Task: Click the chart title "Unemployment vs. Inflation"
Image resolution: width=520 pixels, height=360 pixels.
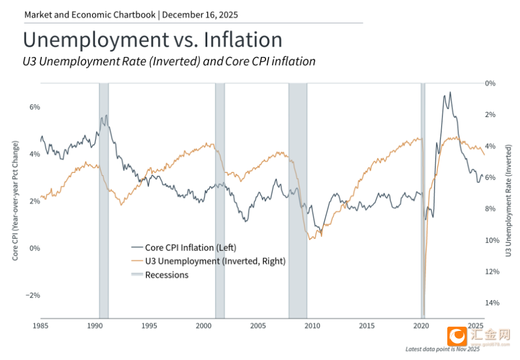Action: point(152,40)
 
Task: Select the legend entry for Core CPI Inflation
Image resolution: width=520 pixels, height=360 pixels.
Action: point(184,247)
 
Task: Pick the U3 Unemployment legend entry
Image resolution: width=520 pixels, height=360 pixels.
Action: point(208,261)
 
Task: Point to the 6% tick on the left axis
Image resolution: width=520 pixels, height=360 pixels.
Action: point(35,107)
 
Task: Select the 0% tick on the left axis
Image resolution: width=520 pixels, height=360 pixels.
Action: point(35,248)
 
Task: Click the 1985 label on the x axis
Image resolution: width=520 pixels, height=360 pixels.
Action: point(41,326)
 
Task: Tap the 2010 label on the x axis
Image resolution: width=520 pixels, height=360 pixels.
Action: point(312,326)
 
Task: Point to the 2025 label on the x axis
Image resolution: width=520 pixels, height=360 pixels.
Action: point(476,326)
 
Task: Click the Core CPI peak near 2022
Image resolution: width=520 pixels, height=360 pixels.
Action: point(450,93)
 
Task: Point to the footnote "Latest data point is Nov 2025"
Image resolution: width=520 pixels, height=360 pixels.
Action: point(442,349)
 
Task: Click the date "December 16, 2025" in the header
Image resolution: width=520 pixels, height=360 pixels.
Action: point(200,13)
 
